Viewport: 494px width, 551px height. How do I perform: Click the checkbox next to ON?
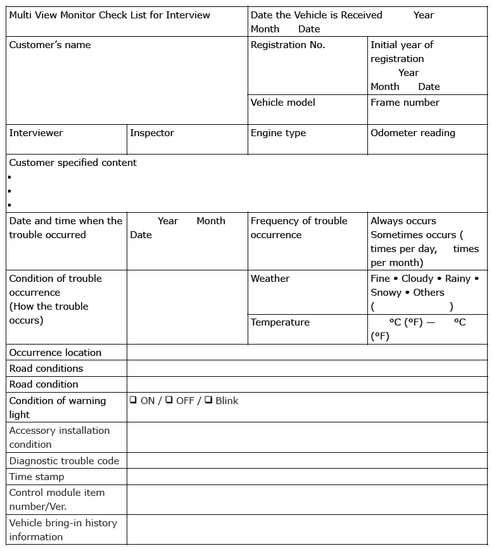pyautogui.click(x=134, y=400)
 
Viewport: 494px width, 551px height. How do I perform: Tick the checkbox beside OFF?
pyautogui.click(x=169, y=400)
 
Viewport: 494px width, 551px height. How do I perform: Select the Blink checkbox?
pyautogui.click(x=208, y=400)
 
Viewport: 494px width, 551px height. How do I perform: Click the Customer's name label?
pyautogui.click(x=50, y=45)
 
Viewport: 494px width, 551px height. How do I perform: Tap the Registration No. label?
pyautogui.click(x=288, y=45)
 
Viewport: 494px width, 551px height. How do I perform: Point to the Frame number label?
pyautogui.click(x=405, y=103)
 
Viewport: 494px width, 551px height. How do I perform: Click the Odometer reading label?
pyautogui.click(x=412, y=133)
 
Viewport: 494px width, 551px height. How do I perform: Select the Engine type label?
pyautogui.click(x=278, y=133)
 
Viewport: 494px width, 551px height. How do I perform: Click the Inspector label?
pyautogui.click(x=152, y=133)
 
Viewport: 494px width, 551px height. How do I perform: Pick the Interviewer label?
pyautogui.click(x=36, y=133)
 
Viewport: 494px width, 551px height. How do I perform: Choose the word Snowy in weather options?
pyautogui.click(x=386, y=293)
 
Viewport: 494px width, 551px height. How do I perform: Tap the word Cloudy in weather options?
pyautogui.click(x=417, y=279)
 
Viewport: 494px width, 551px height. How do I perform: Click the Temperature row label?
pyautogui.click(x=280, y=322)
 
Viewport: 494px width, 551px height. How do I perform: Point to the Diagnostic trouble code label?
pyautogui.click(x=64, y=461)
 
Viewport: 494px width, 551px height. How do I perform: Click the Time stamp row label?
pyautogui.click(x=37, y=477)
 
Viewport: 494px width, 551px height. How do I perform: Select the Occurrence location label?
pyautogui.click(x=55, y=353)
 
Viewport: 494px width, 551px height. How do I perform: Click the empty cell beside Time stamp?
pyautogui.click(x=307, y=477)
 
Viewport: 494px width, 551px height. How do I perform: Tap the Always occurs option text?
pyautogui.click(x=403, y=221)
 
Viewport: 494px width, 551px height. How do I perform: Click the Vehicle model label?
pyautogui.click(x=282, y=103)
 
